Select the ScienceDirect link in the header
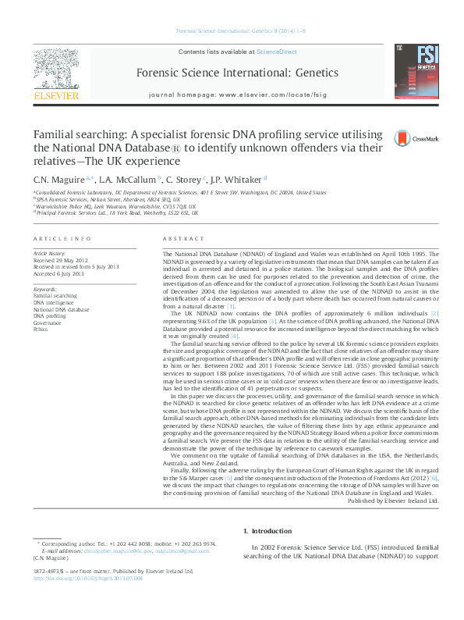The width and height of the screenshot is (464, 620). point(277,52)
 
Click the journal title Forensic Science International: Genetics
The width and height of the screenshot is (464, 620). point(237,73)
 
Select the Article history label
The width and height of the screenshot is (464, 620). point(51,255)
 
